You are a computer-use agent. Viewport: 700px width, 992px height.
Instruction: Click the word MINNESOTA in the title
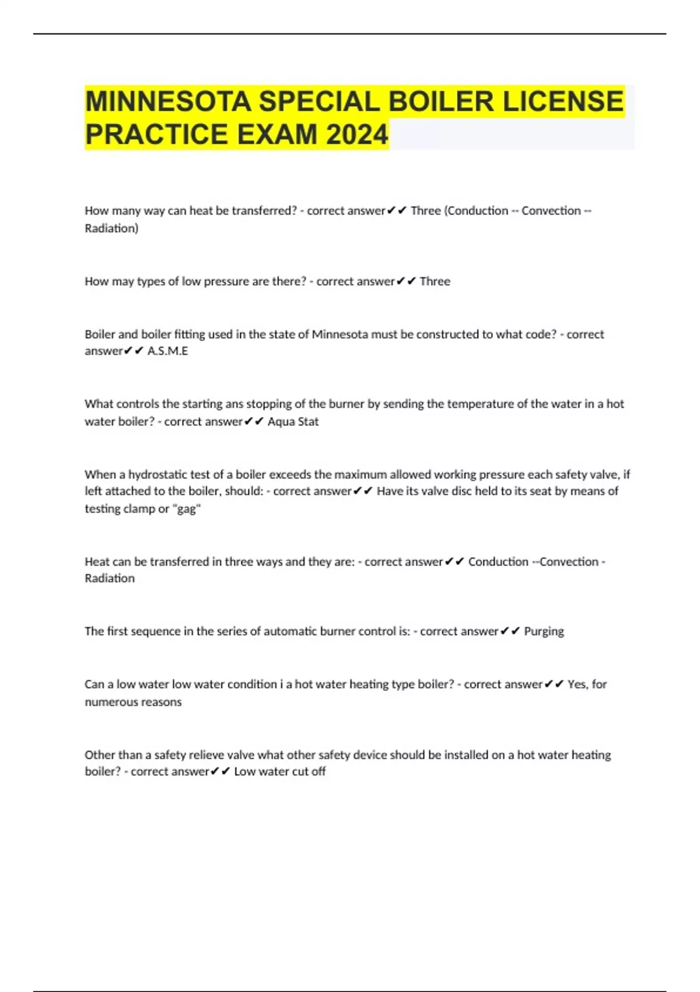coord(169,102)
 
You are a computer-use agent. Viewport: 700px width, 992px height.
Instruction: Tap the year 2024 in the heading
coord(357,135)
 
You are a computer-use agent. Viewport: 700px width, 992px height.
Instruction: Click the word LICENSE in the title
coord(563,102)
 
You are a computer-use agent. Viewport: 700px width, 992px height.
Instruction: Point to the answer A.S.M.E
coord(167,351)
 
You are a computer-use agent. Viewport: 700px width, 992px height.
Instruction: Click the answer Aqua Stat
coord(293,421)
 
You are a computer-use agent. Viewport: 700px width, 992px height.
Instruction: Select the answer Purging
coord(544,631)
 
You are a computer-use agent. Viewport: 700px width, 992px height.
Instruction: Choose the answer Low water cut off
coord(279,771)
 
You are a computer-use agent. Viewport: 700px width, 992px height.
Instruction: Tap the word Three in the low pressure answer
coord(435,281)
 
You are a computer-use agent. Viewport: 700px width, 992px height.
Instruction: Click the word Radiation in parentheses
coord(111,228)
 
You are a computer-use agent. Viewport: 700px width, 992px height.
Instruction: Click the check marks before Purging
coord(510,631)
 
